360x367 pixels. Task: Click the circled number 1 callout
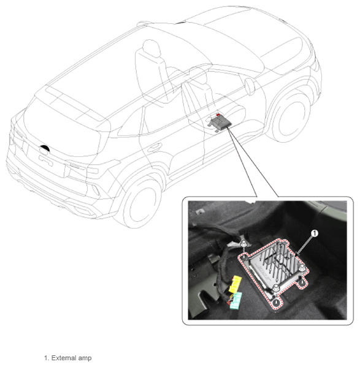point(315,233)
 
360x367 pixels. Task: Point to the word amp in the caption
point(85,358)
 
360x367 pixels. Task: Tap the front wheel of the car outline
point(291,119)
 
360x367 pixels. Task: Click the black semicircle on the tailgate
point(45,148)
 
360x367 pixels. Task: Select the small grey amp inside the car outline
point(220,123)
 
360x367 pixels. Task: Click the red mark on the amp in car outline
point(218,115)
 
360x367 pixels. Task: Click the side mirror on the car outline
point(250,86)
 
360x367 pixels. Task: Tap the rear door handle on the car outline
point(153,148)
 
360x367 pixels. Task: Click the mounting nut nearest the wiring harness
point(244,244)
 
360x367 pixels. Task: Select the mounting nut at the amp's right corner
point(302,268)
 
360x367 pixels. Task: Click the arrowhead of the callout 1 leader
point(297,254)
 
